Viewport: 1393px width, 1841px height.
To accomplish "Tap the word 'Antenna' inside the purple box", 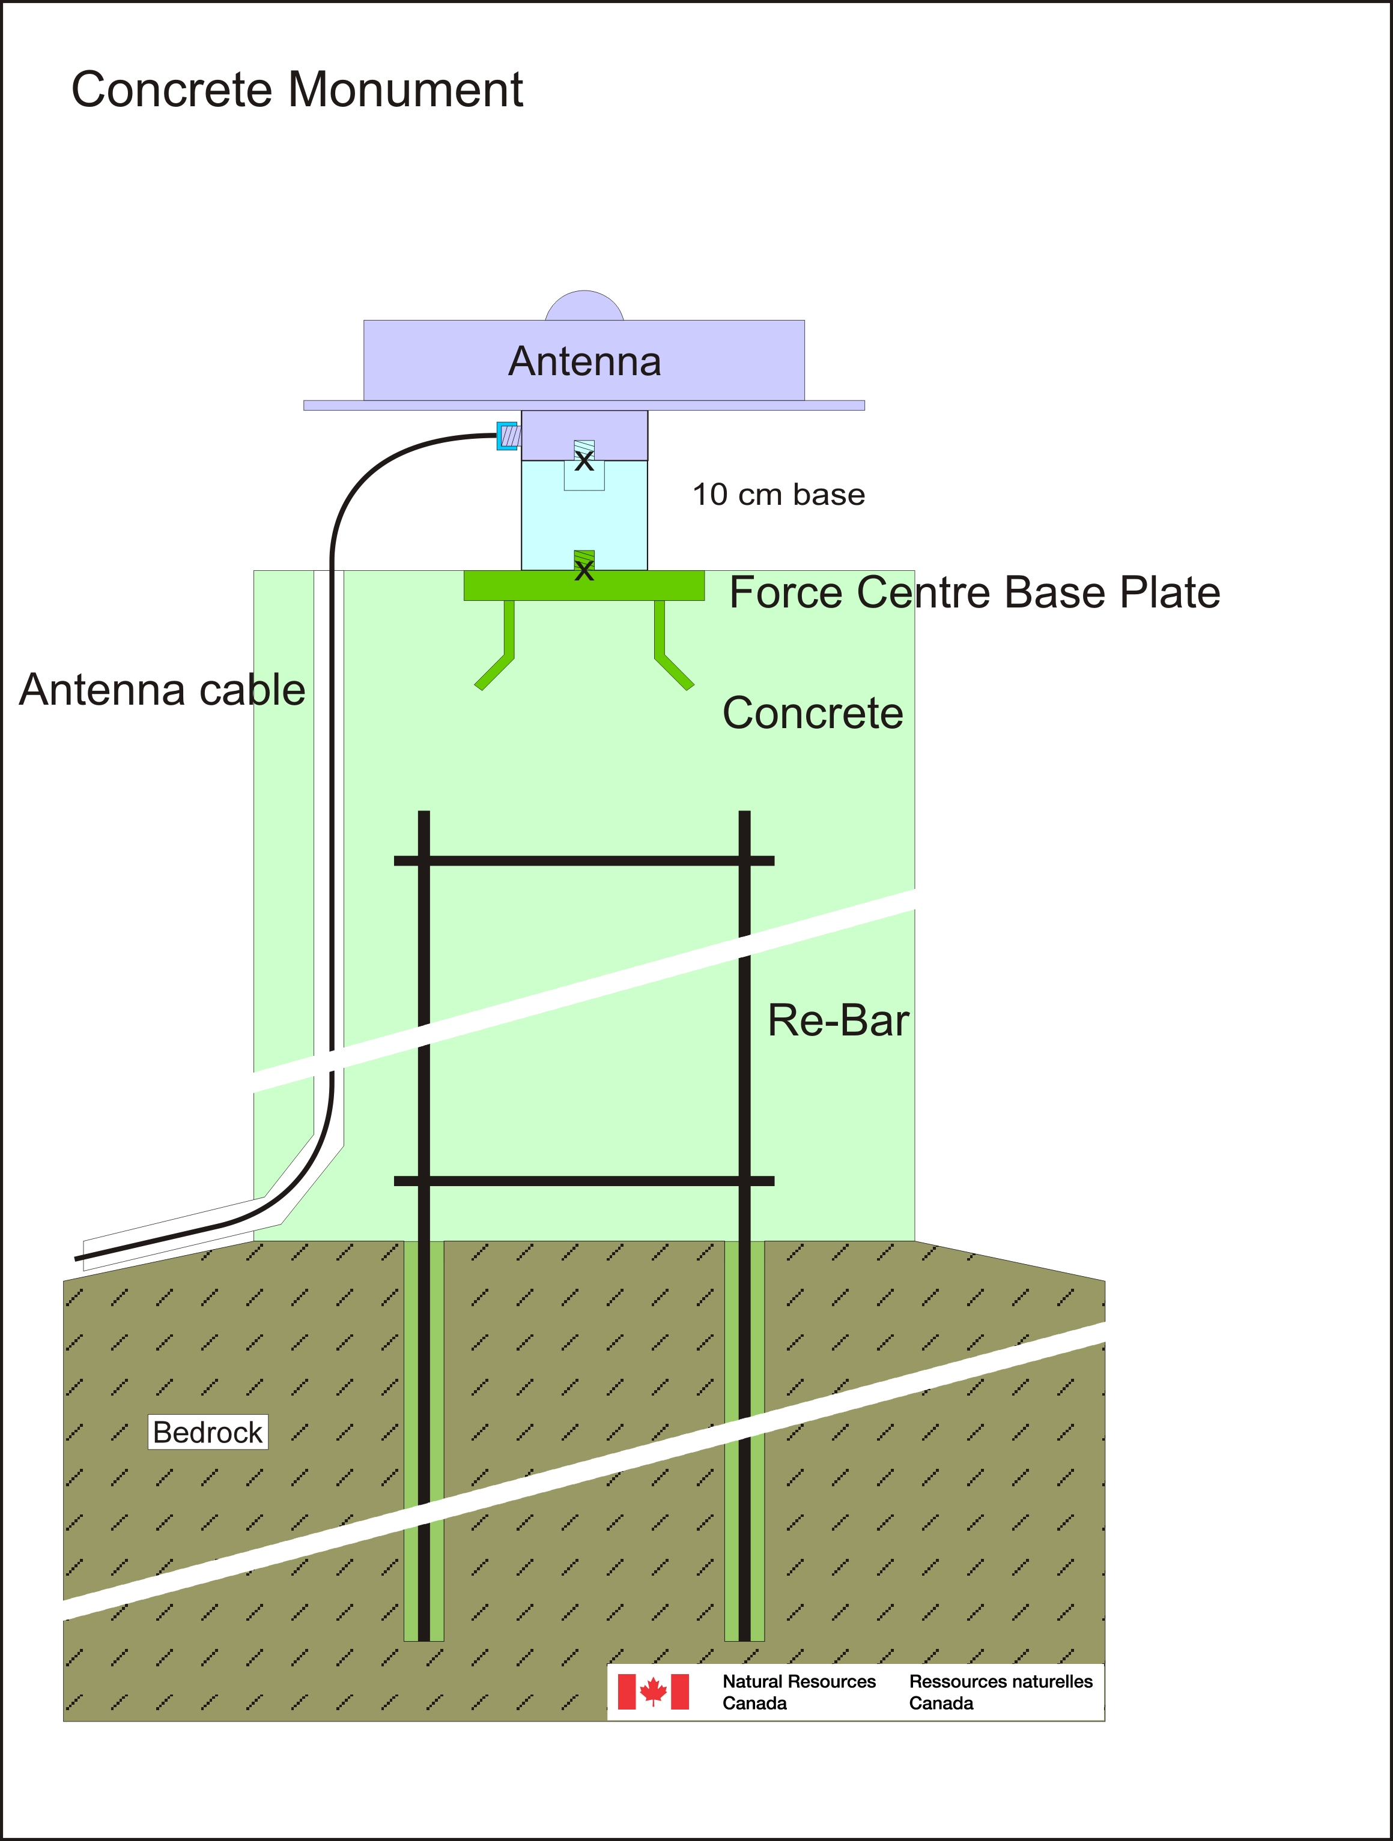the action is (584, 361).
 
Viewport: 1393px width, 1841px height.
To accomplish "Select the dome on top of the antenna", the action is (584, 306).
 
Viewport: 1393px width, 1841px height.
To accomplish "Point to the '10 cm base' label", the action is (778, 495).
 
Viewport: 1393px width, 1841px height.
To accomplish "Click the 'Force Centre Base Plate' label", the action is (975, 592).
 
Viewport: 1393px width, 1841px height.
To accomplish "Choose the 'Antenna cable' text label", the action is (162, 689).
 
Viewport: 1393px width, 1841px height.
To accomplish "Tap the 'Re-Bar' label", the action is (839, 1020).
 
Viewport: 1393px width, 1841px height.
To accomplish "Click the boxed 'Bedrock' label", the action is (208, 1432).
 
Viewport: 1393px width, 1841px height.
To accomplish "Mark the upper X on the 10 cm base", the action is (584, 460).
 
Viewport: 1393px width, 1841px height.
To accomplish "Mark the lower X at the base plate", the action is (584, 570).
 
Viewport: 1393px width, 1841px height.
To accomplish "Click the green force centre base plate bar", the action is (584, 586).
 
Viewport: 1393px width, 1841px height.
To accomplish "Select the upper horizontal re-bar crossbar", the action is (584, 861).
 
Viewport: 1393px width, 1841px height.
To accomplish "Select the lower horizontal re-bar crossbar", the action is (584, 1181).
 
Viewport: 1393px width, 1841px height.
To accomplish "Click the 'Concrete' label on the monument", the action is (813, 713).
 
